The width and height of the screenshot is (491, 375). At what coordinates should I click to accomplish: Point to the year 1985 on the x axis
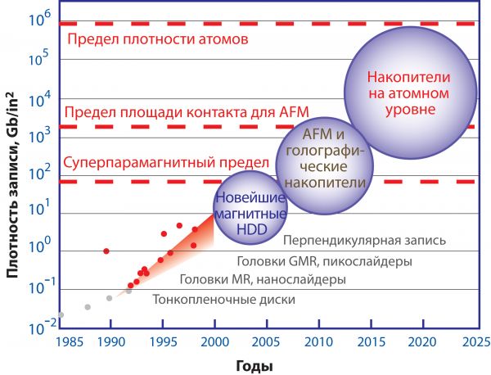pyautogui.click(x=63, y=341)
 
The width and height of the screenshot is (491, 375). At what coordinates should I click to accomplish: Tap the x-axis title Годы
pyautogui.click(x=256, y=364)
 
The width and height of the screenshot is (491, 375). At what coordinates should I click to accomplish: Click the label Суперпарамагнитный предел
pyautogui.click(x=165, y=163)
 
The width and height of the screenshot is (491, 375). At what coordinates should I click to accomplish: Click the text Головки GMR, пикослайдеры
pyautogui.click(x=324, y=261)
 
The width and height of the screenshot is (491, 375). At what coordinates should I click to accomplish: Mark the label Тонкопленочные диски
pyautogui.click(x=224, y=300)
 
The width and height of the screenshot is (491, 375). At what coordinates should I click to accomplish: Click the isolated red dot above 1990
pyautogui.click(x=106, y=251)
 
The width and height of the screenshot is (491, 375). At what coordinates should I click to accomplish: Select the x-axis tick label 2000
pyautogui.click(x=214, y=341)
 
